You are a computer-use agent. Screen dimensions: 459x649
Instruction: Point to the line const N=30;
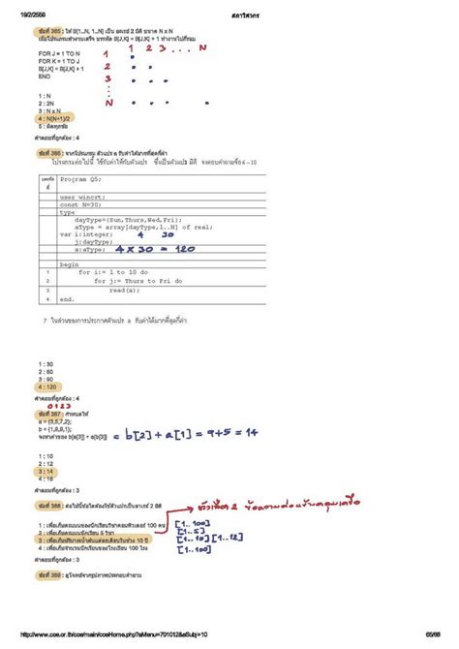[x=79, y=204]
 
